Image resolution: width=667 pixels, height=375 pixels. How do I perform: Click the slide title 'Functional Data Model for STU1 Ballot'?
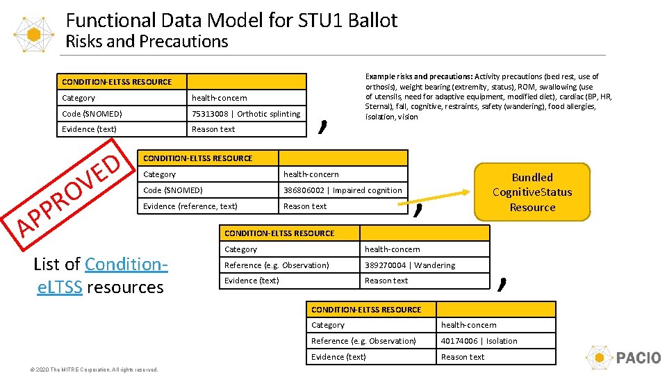tap(241, 19)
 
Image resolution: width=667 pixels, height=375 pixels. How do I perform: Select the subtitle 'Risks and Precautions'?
tap(147, 42)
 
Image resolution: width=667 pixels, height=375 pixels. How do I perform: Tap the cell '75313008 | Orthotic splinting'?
tap(246, 114)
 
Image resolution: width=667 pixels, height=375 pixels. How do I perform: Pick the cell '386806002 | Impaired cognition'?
tap(342, 190)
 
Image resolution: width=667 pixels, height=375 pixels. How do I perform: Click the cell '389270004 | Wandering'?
tap(410, 265)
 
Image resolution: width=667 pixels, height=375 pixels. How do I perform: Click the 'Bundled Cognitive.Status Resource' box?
tap(532, 192)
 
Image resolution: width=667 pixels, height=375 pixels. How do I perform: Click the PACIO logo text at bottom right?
tap(638, 358)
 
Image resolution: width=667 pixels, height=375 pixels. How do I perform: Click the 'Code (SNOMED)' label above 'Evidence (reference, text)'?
tap(173, 190)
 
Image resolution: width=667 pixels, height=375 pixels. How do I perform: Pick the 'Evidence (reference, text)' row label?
tap(190, 206)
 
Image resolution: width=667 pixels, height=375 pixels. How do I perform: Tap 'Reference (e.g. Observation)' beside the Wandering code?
tap(277, 265)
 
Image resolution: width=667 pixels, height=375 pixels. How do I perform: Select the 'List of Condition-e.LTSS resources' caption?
tap(100, 276)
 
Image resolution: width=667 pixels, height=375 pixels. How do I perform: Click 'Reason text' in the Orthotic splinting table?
tap(213, 129)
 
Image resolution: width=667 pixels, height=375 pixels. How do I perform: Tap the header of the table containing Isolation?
tap(366, 310)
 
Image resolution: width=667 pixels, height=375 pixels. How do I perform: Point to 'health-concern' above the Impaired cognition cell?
tap(311, 174)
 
